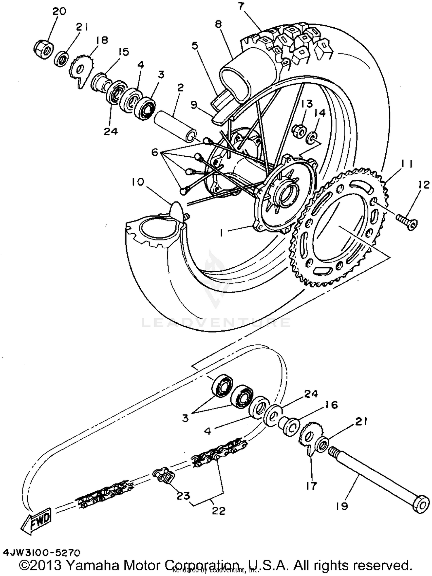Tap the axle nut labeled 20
pyautogui.click(x=44, y=50)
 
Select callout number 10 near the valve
pyautogui.click(x=138, y=182)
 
